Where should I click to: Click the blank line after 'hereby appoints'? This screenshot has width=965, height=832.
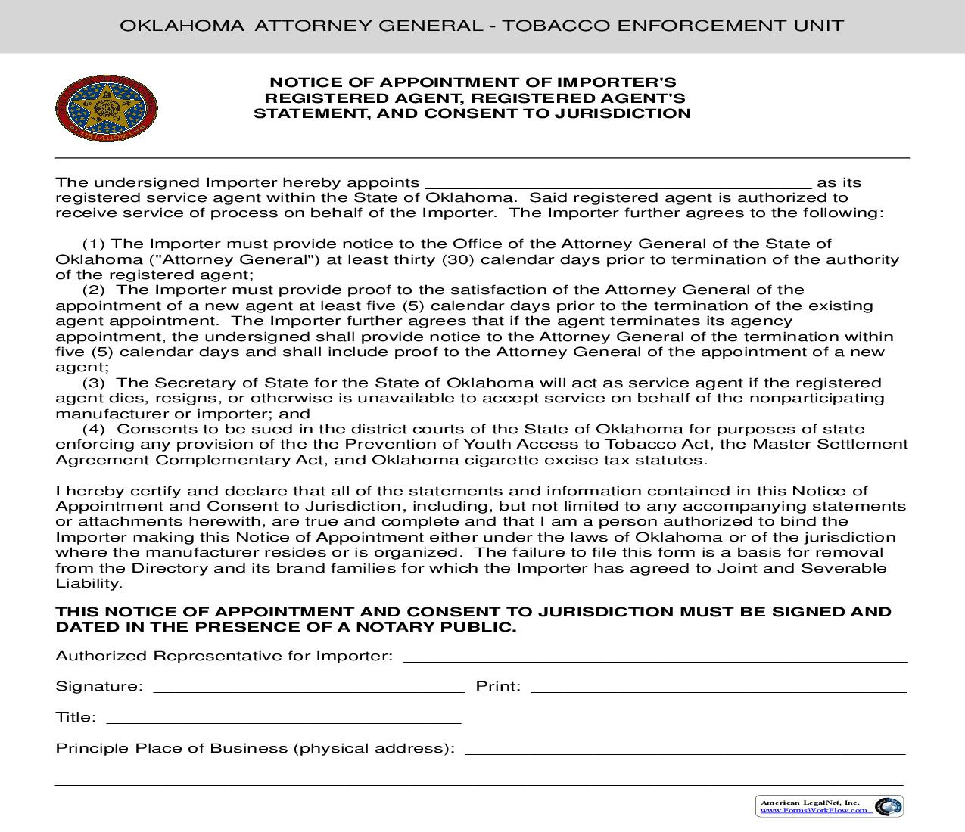click(x=618, y=184)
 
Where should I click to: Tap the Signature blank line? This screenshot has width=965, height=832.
click(x=309, y=688)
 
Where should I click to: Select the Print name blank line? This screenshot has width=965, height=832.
click(x=718, y=688)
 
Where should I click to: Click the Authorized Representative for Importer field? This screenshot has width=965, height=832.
click(x=655, y=657)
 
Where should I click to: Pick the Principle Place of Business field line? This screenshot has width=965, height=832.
click(x=685, y=750)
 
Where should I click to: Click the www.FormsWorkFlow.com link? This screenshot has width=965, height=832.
click(x=814, y=810)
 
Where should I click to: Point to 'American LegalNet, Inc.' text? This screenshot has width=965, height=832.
click(x=809, y=803)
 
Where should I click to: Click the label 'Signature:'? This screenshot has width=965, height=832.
click(x=99, y=687)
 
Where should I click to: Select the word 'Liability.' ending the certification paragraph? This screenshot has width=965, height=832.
click(x=89, y=584)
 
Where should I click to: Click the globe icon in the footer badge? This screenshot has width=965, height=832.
click(x=887, y=807)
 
